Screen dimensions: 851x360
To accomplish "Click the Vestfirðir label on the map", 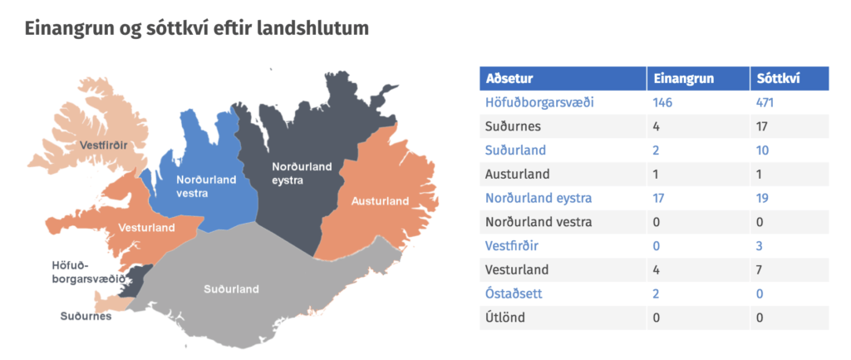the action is click(x=106, y=145).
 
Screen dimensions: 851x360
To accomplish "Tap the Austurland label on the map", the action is click(x=380, y=201).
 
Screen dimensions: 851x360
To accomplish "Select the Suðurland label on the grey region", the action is click(x=231, y=289).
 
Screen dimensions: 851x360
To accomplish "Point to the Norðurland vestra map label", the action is click(x=206, y=185).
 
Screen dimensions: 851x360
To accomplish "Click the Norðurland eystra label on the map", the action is click(x=301, y=173).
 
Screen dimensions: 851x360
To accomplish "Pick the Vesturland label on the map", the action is click(x=147, y=228).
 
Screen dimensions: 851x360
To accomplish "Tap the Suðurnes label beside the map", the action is click(x=86, y=316).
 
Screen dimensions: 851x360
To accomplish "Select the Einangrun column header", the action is click(x=683, y=78).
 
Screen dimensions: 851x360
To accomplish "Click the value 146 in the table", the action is click(x=662, y=102).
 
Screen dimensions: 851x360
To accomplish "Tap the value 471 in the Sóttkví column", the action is click(x=765, y=102).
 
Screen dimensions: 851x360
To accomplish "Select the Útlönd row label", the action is click(x=505, y=318).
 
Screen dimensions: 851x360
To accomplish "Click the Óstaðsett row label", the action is click(x=514, y=293).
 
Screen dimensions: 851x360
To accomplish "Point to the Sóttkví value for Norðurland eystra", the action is click(x=763, y=198).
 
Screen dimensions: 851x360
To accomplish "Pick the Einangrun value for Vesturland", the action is click(x=657, y=270).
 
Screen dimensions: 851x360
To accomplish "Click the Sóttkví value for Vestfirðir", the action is click(x=760, y=246).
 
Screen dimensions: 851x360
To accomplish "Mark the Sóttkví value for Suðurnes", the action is click(x=763, y=126).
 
